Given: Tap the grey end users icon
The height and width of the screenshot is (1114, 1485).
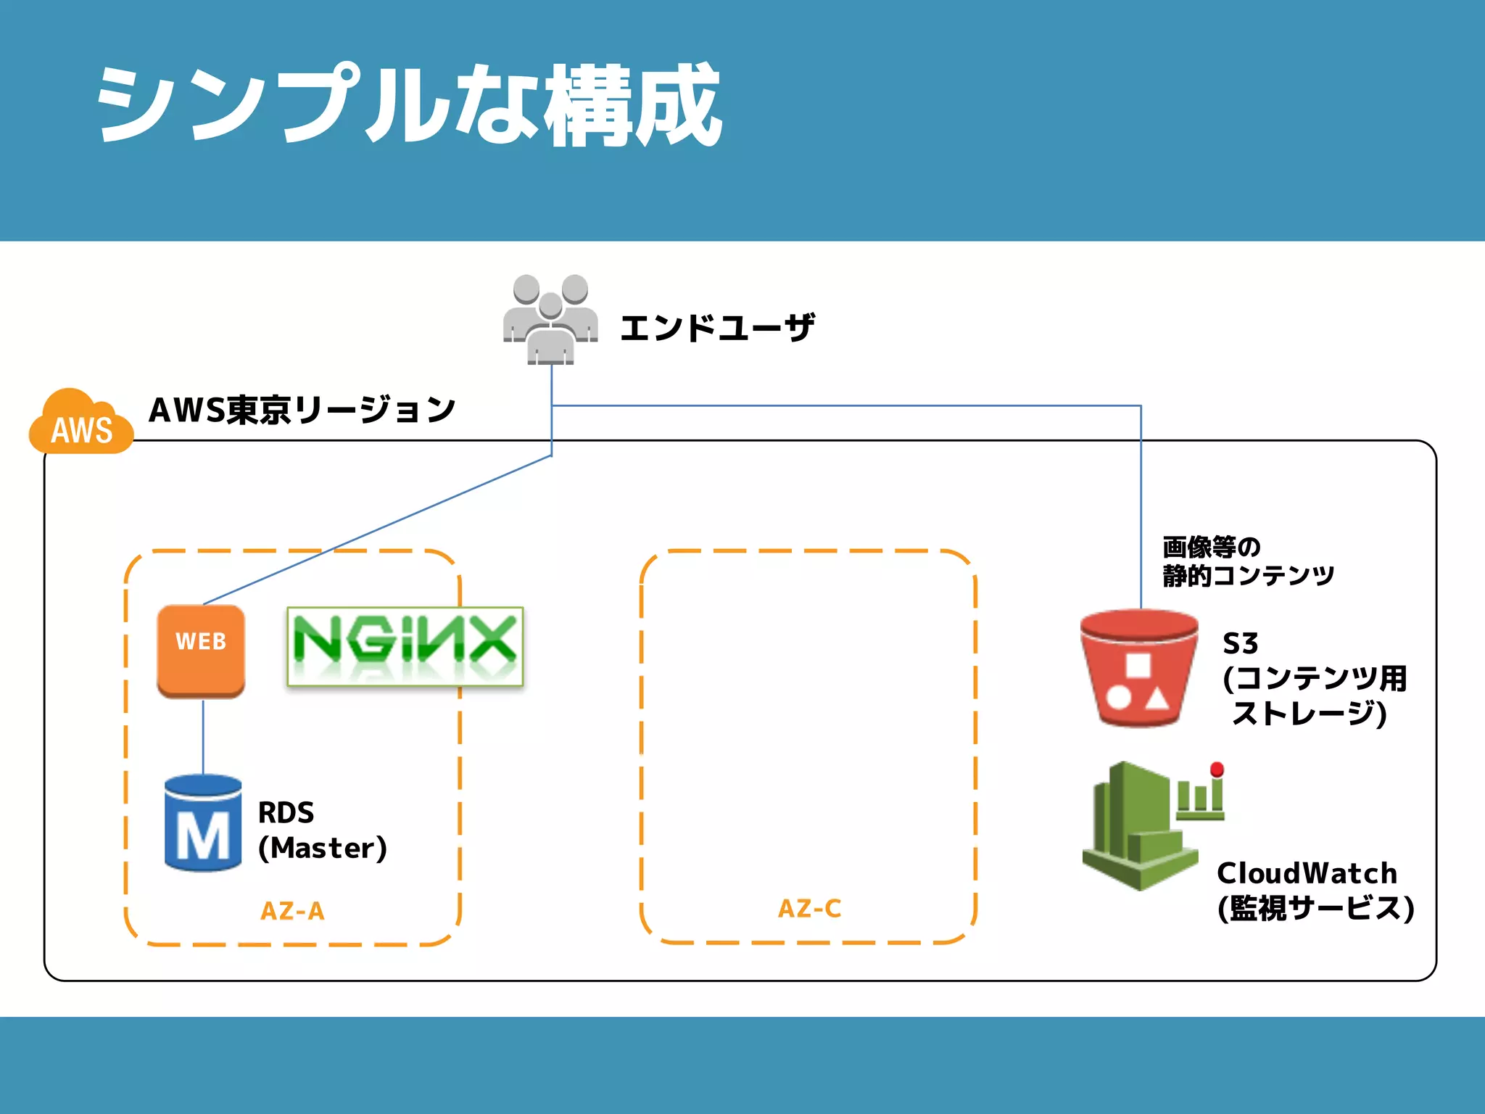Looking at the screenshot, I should [550, 319].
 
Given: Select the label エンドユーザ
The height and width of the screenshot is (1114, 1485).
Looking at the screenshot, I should [717, 328].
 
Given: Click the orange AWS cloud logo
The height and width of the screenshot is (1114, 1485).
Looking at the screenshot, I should [81, 424].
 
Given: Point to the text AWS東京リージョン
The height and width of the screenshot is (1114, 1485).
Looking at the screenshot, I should [302, 410].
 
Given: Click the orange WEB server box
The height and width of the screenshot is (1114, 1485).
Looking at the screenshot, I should [201, 650].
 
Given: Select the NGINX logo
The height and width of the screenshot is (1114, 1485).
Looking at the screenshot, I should [405, 646].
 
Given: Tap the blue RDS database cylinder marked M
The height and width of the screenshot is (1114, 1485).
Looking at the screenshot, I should [203, 823].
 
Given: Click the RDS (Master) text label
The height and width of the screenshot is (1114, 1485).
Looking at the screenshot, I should [322, 830].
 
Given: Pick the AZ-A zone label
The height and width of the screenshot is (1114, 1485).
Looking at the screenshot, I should [292, 911].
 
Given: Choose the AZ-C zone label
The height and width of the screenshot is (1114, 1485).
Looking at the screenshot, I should [809, 909].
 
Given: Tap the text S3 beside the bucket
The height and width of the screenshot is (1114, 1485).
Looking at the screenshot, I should [1240, 643].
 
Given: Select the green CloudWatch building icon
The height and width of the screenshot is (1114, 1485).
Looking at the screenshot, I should [1140, 827].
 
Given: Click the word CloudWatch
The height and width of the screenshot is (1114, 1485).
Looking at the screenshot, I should [1307, 873].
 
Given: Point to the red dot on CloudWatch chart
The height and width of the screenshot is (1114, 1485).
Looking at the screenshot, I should [1217, 770].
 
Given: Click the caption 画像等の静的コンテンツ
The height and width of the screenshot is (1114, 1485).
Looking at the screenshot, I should [1247, 561].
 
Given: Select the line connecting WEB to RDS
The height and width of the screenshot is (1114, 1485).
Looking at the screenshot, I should [203, 736].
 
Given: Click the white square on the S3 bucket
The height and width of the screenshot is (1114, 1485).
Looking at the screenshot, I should [1138, 667].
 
